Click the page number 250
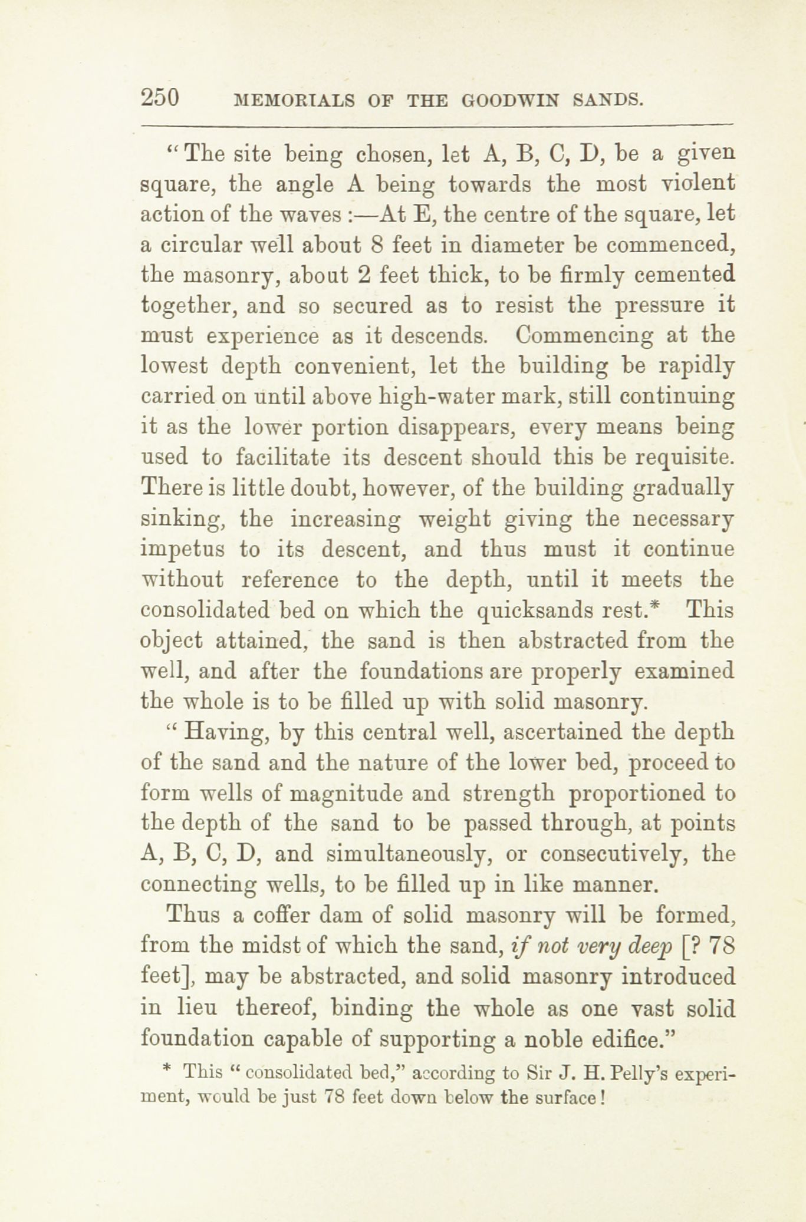160,97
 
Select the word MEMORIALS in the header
294,100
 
